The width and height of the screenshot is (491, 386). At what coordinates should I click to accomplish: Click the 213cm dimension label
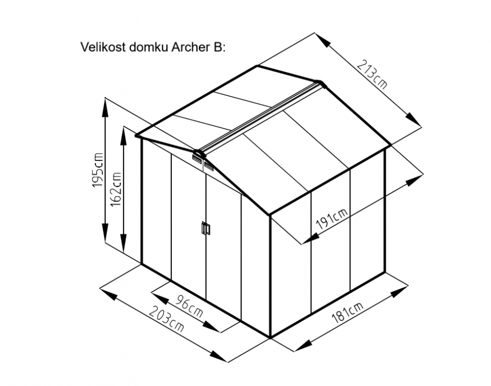pos(373,74)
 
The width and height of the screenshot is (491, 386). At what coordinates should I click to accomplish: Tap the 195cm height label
pos(98,170)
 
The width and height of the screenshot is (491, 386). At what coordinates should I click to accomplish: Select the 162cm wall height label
pos(116,189)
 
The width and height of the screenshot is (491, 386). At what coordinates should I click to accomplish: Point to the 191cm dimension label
pos(332,218)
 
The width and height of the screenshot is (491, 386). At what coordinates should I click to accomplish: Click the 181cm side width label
pos(348,312)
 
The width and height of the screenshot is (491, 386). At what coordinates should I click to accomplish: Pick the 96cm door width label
pos(188,305)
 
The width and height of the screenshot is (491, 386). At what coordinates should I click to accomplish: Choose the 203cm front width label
pos(166,319)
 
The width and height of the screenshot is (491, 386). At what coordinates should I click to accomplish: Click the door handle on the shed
pos(206,228)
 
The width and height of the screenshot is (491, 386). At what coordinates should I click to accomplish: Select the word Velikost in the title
pos(104,47)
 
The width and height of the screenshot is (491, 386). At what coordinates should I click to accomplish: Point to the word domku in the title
pos(148,47)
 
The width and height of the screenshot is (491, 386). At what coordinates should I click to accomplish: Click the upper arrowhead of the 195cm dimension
pos(105,108)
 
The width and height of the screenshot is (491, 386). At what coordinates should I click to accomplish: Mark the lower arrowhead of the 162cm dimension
pos(125,243)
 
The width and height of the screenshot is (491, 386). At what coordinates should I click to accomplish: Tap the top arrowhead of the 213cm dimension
pos(322,40)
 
